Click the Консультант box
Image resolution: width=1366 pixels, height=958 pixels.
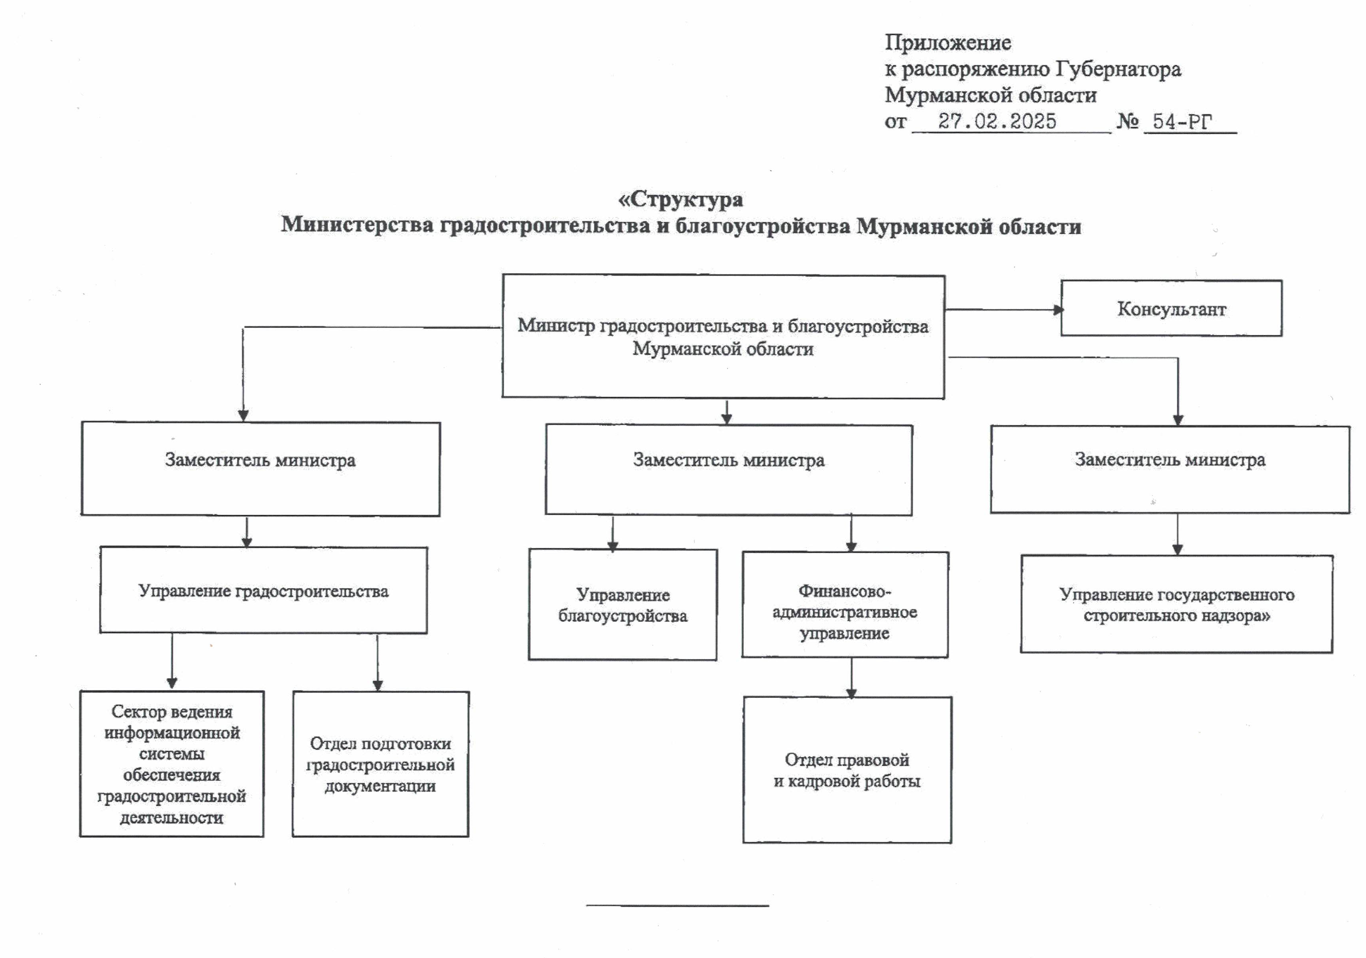(1171, 308)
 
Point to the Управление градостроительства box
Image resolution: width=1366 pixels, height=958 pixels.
(263, 590)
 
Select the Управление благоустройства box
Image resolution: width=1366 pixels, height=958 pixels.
(622, 604)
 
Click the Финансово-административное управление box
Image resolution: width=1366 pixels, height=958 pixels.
(845, 604)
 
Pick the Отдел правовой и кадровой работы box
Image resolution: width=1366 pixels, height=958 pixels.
(847, 770)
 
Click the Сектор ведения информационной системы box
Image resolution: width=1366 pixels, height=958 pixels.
(172, 764)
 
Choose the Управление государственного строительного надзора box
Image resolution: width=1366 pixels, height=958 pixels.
(1177, 604)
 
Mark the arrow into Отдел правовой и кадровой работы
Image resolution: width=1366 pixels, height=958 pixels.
(852, 678)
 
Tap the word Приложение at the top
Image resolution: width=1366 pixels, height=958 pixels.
(948, 43)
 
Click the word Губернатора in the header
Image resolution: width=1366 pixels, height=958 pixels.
(1118, 70)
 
